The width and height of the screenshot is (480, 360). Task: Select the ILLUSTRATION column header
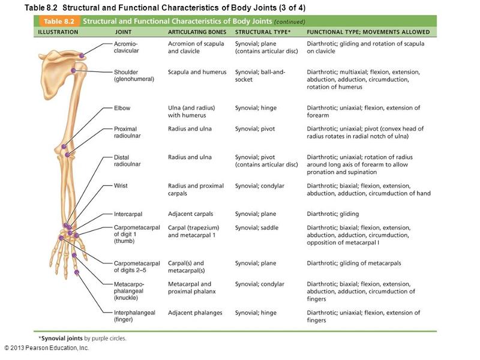[x=58, y=32]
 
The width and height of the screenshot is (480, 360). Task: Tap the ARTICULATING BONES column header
[x=196, y=32]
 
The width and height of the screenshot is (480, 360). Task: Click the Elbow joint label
[x=122, y=108]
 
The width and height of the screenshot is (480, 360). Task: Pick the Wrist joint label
[x=121, y=186]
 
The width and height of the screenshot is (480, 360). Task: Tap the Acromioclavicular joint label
[x=127, y=47]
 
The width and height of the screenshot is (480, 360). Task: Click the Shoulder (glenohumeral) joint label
[x=134, y=76]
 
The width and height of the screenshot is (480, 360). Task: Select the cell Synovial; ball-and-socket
[x=260, y=76]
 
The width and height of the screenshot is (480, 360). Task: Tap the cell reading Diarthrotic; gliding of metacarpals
[x=354, y=263]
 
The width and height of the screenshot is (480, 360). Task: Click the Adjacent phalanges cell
[x=195, y=313]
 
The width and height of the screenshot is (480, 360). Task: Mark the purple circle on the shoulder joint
[x=73, y=71]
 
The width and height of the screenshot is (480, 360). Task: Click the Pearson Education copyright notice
[x=46, y=348]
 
